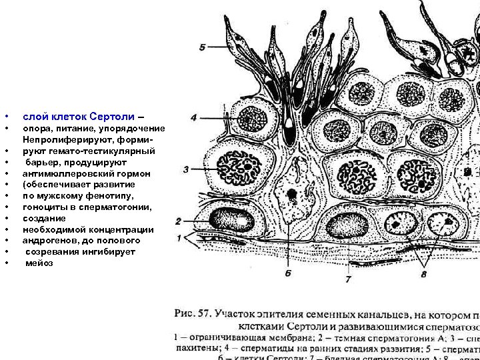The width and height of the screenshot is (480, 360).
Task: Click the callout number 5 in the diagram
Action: tap(203, 47)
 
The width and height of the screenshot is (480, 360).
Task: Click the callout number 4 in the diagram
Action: tap(193, 117)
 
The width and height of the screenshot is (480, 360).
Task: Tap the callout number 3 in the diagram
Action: tap(187, 169)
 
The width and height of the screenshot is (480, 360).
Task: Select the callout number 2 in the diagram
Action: tap(179, 221)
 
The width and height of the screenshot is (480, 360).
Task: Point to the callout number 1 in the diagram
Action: tap(179, 238)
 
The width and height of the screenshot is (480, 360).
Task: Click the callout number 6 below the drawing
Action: tap(287, 273)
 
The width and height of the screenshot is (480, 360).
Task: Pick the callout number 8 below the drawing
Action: tap(424, 273)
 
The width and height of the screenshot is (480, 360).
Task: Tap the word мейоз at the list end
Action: tap(39, 263)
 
